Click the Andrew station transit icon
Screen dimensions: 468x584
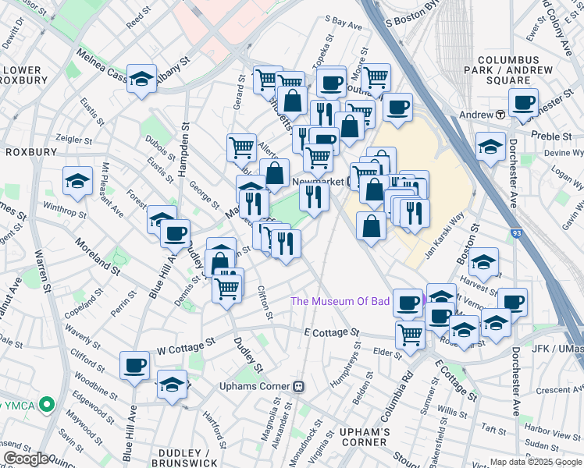[500, 115]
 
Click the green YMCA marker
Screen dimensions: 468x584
[46, 404]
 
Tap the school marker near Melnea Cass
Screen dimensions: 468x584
[142, 79]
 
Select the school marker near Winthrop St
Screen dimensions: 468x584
[78, 182]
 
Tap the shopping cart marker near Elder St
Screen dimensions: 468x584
[411, 335]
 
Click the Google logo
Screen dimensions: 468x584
[26, 459]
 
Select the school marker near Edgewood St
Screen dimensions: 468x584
[172, 385]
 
